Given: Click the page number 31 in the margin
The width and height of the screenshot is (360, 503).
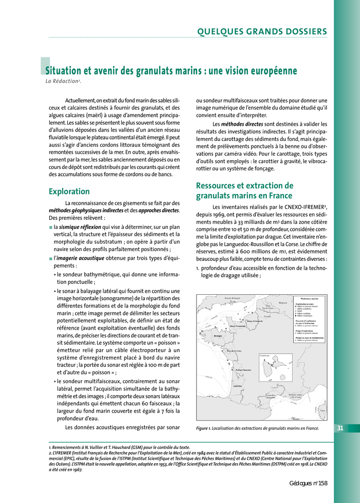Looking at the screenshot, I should (340, 428).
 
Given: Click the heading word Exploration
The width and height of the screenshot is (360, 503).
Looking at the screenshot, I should (69, 191).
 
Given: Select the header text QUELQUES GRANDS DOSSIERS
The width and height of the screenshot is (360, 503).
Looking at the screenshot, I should (262, 32).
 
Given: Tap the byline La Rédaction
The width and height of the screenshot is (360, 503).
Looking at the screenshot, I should (62, 81).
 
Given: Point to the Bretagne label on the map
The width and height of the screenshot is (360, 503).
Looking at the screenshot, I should (219, 336).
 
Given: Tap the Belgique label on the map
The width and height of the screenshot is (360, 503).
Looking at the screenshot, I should (282, 303).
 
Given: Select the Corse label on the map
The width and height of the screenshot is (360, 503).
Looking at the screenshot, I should (322, 411).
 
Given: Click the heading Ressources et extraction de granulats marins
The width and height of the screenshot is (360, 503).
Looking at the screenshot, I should (245, 191).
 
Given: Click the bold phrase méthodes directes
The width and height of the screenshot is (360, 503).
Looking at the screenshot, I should (242, 124).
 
